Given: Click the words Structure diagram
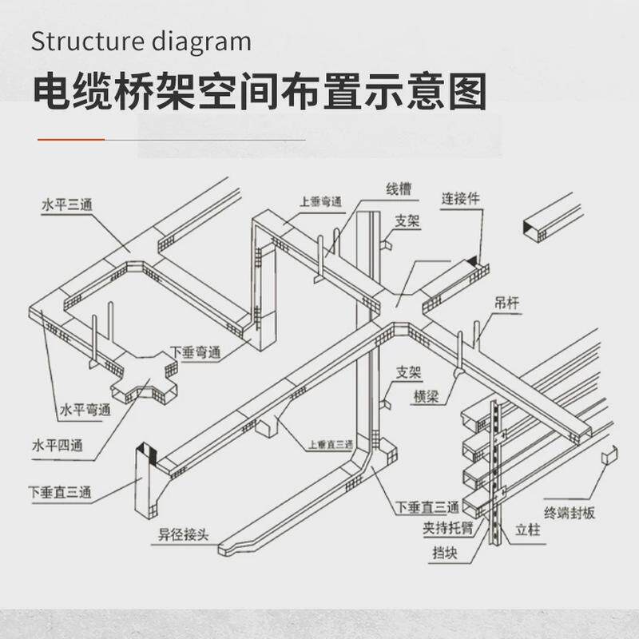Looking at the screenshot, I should (x=141, y=41).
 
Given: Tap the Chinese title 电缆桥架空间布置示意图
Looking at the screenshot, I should (x=259, y=93).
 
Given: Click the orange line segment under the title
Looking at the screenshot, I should (x=71, y=139).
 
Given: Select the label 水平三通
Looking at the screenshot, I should (x=67, y=205).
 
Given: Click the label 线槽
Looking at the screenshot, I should (x=399, y=189).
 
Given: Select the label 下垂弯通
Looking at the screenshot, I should (x=196, y=351).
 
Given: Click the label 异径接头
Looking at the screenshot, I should (x=183, y=534).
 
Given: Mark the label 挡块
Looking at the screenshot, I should (x=445, y=552).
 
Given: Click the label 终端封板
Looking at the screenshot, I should (x=570, y=513).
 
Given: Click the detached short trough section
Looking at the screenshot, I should (x=548, y=220).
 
